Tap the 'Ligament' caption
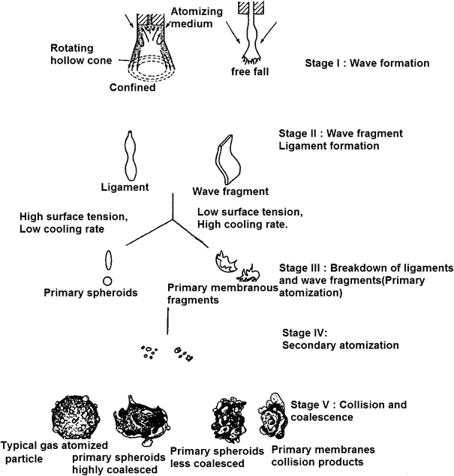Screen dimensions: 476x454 (122, 186)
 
